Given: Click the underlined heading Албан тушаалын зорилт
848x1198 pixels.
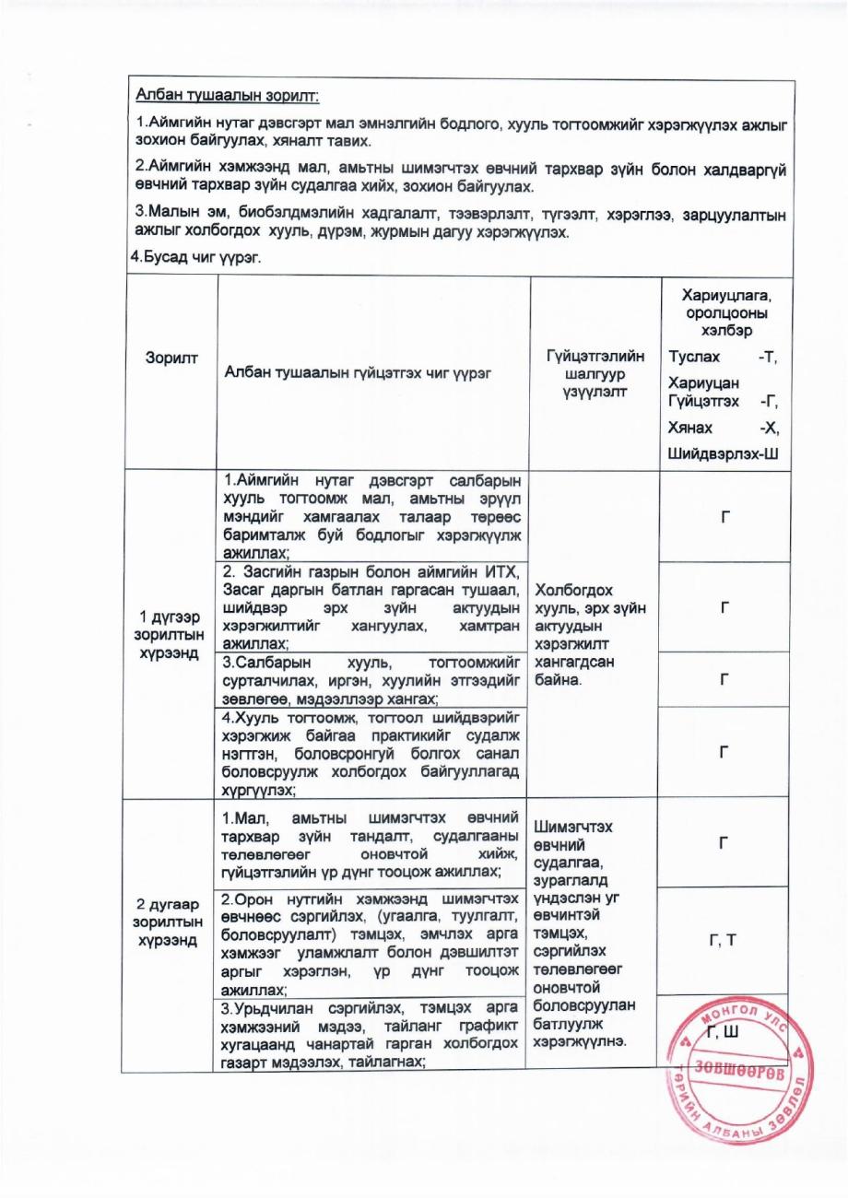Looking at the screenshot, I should (x=228, y=95).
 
